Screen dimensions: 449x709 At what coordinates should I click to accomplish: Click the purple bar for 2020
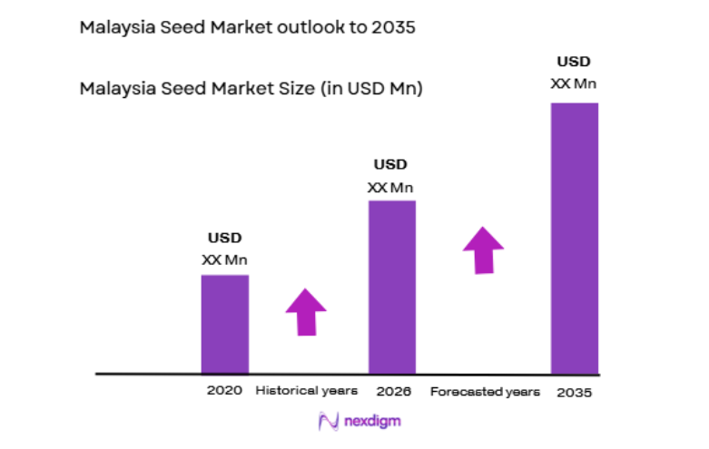click(224, 324)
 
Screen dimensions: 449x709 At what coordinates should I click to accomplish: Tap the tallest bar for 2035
click(574, 238)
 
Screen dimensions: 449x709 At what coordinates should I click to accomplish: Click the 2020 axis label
click(224, 391)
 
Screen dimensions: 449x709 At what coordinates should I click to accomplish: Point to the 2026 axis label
click(391, 392)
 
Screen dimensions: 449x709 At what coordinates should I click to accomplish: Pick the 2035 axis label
click(575, 392)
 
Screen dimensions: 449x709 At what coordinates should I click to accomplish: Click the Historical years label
click(307, 391)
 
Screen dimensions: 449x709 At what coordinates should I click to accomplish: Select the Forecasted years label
click(485, 392)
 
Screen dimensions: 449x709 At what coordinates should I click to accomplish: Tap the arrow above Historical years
click(306, 312)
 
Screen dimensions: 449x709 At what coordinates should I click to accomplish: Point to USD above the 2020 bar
click(224, 239)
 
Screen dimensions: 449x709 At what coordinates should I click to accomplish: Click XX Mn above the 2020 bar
click(224, 259)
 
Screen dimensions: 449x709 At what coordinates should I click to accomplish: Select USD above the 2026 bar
click(390, 165)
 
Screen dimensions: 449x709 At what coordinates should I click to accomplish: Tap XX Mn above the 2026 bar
click(390, 188)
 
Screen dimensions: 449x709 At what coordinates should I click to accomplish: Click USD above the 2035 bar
click(574, 63)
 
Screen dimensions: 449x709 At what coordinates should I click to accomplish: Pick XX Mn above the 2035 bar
click(574, 83)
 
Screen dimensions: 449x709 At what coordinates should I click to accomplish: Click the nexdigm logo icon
click(329, 421)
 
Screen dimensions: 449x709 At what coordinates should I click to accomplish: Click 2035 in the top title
click(392, 27)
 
